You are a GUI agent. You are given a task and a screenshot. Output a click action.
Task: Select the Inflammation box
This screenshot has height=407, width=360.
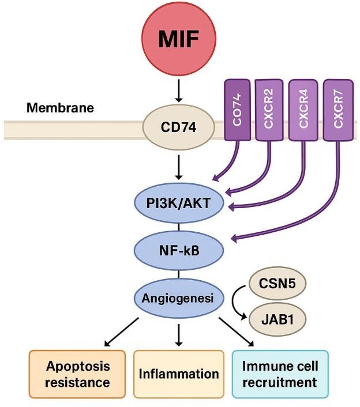(x=179, y=374)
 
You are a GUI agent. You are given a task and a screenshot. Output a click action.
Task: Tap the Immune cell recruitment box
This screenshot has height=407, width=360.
(x=280, y=374)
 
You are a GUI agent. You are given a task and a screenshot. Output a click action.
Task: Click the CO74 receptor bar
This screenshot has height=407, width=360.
(x=236, y=110)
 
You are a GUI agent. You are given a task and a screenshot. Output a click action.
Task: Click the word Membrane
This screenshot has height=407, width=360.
(x=52, y=108)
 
